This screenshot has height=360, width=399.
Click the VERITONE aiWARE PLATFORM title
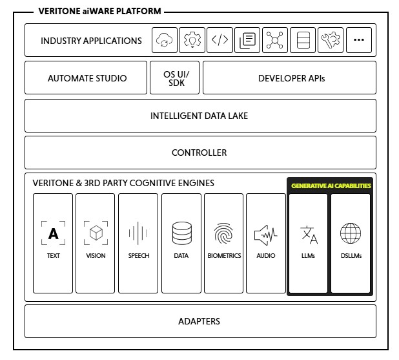(99, 11)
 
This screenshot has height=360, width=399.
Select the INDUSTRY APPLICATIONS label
(91, 41)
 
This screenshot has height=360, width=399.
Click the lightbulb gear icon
(192, 41)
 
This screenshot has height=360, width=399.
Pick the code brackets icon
(220, 41)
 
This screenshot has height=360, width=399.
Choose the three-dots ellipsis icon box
(358, 41)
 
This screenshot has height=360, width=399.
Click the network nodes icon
(275, 41)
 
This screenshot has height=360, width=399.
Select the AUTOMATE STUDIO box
(87, 78)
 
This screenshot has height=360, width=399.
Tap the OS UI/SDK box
(175, 78)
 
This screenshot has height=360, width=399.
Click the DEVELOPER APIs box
(291, 78)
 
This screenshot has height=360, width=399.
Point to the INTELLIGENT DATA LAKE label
(199, 116)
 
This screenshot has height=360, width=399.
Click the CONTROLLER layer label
(199, 153)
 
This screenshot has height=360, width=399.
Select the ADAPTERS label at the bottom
(199, 321)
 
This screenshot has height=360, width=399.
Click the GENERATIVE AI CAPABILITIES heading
(331, 185)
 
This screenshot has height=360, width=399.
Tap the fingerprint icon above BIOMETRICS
(223, 233)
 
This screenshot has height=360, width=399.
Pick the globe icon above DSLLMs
(351, 233)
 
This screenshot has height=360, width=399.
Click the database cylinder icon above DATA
(181, 233)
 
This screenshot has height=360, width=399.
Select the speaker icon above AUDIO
(265, 233)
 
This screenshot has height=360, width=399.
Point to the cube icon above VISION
(96, 233)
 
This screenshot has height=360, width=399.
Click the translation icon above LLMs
(309, 235)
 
